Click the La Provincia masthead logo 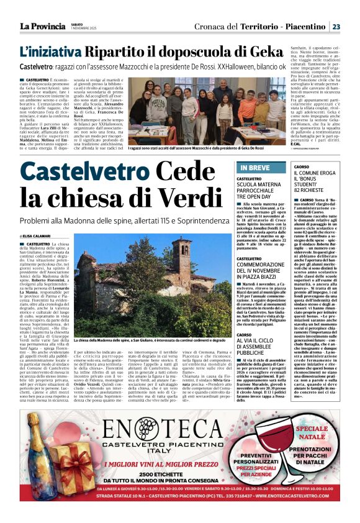pyautogui.click(x=42, y=26)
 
